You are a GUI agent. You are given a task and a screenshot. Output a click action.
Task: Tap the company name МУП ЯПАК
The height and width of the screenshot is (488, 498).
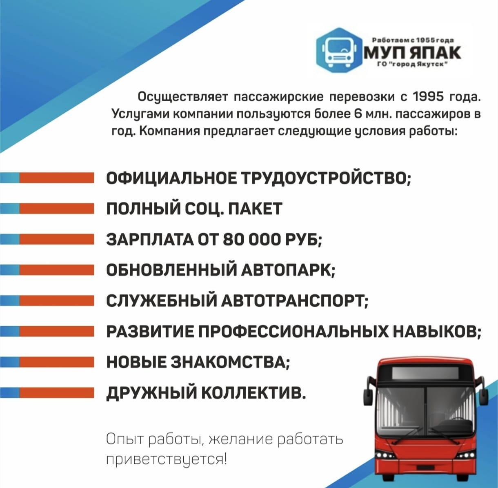click(412, 53)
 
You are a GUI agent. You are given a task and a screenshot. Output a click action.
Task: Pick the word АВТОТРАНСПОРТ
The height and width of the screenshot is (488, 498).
click(295, 301)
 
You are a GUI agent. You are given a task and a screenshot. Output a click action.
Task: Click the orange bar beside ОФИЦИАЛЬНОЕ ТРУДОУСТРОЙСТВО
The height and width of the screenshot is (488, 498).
click(57, 178)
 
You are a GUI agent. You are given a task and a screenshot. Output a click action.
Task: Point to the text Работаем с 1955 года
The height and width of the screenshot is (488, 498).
click(412, 40)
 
